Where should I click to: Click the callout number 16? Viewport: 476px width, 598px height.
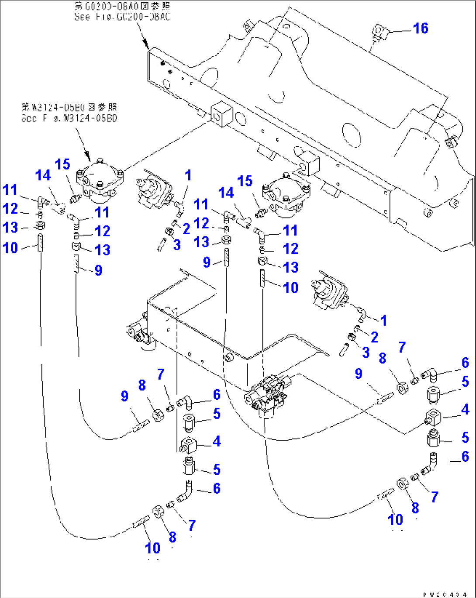point(421,28)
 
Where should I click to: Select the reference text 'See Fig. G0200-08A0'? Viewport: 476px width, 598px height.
point(122,17)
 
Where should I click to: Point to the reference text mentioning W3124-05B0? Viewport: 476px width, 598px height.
point(69,113)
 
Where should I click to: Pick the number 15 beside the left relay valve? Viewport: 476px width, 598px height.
point(62,165)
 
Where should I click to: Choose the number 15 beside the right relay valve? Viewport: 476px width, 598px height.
point(245,181)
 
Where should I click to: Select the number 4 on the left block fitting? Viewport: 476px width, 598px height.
point(217,441)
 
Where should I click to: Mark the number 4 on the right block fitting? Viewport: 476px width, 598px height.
point(465,409)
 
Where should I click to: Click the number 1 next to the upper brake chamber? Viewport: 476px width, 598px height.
point(188,176)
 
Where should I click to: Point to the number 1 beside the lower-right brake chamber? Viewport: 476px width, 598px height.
point(383,321)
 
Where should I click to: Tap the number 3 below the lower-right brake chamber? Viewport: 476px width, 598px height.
point(366,352)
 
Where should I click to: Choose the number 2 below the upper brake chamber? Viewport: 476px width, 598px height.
point(186,228)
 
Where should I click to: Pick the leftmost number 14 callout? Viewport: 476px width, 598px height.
point(43,176)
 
